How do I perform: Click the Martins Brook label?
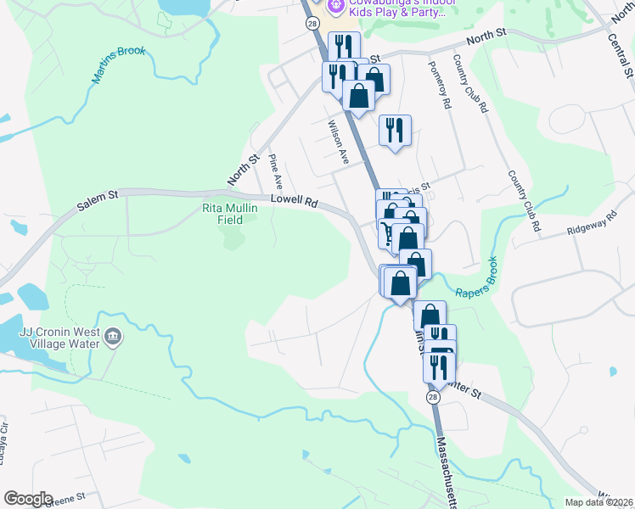tap(120, 66)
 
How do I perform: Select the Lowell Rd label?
tap(294, 202)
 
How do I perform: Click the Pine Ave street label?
tap(273, 171)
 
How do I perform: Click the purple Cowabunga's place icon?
tap(337, 8)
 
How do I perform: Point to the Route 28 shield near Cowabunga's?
tap(314, 24)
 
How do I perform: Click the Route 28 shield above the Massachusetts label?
tap(434, 397)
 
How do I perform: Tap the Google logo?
tap(28, 499)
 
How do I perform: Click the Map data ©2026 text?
tap(598, 502)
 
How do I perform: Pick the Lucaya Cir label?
tap(4, 442)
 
